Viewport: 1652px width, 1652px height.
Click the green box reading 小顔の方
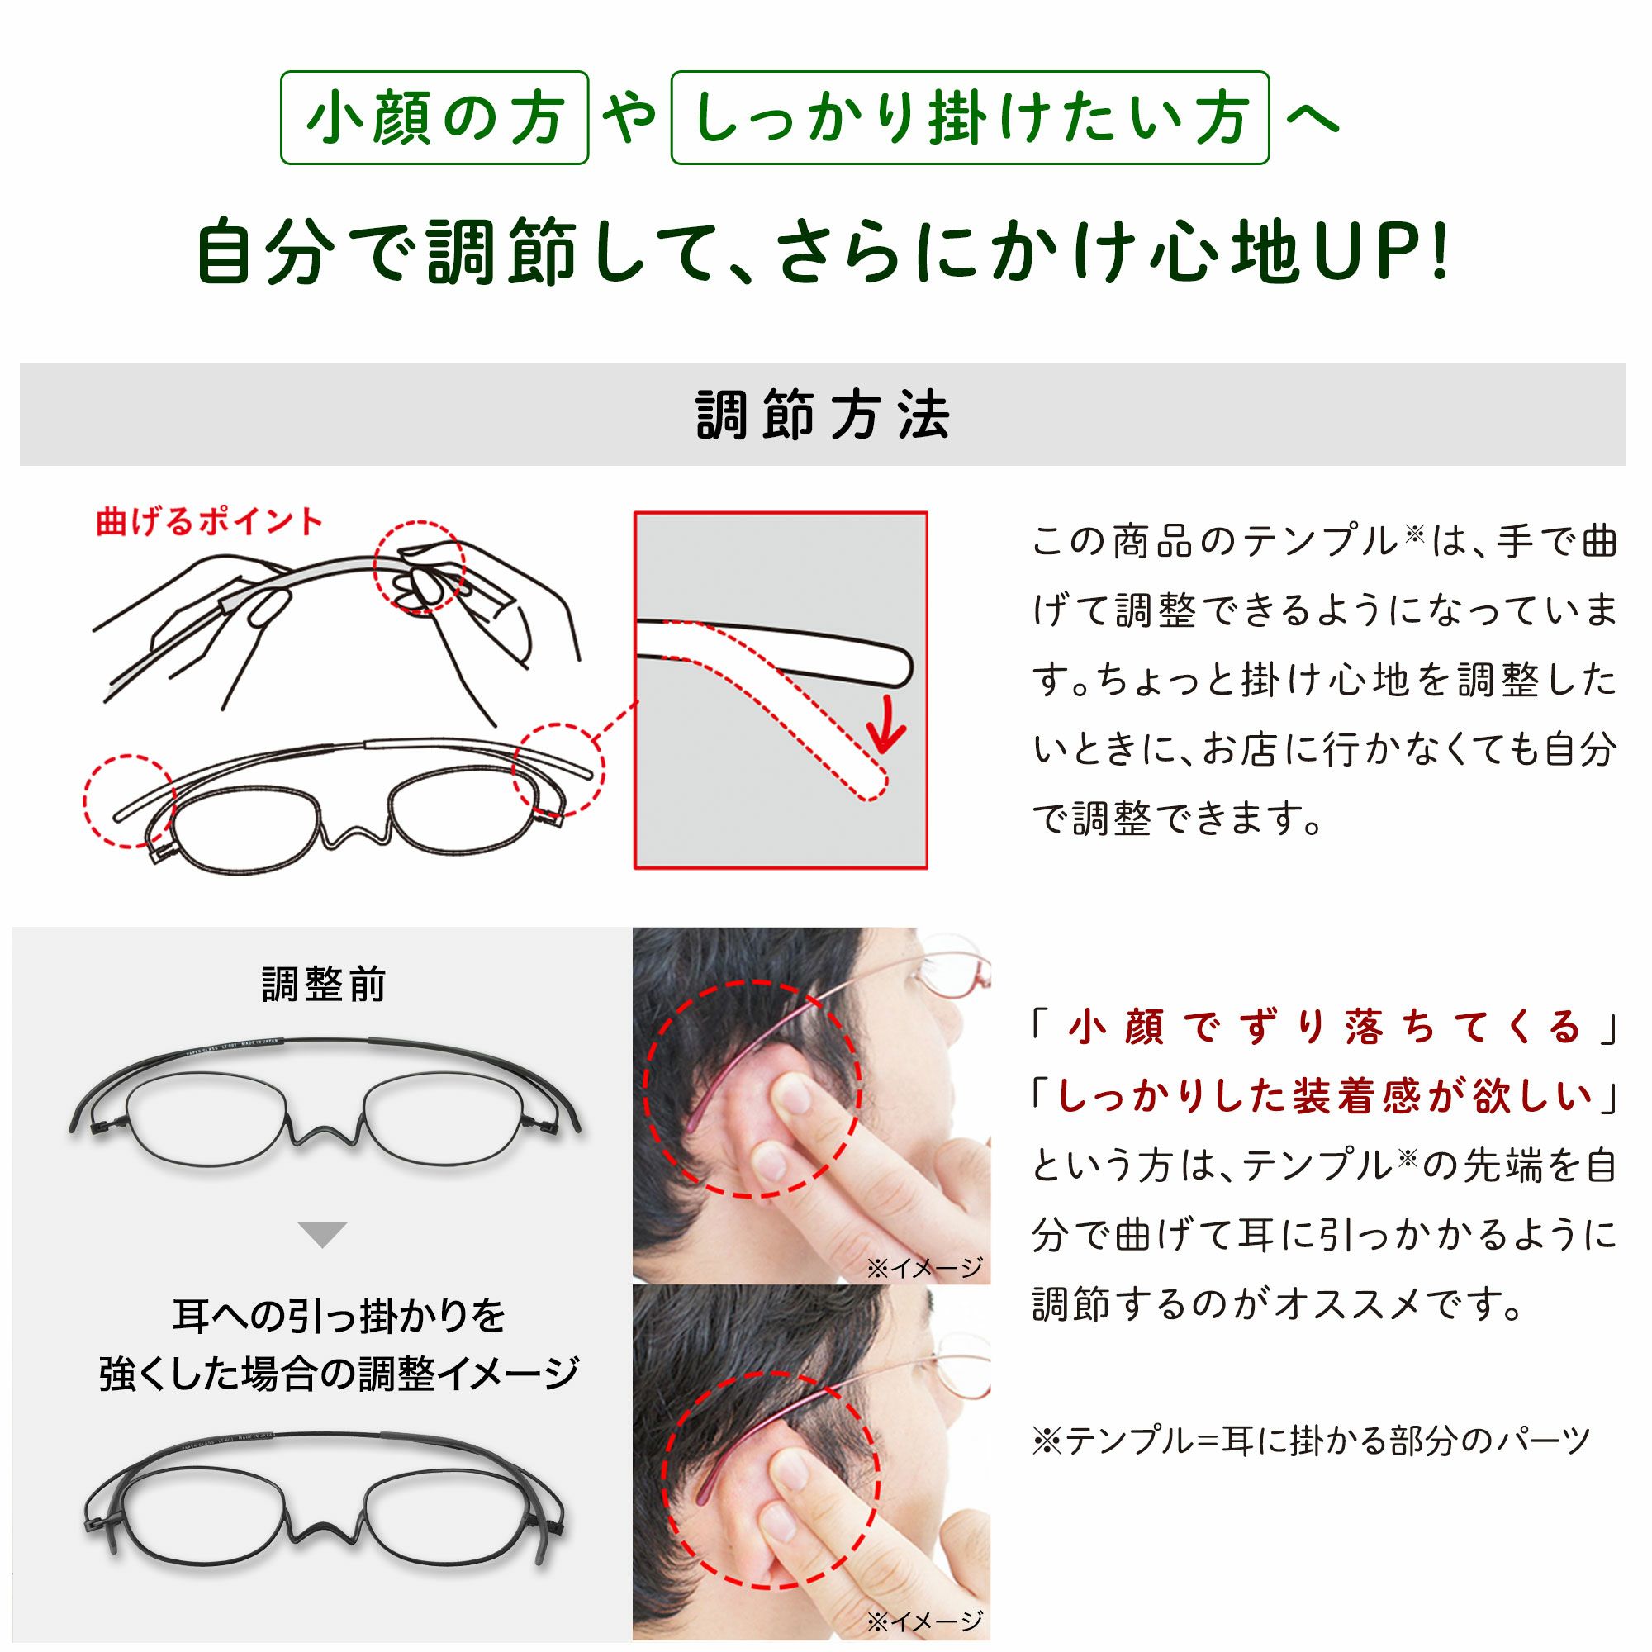(434, 118)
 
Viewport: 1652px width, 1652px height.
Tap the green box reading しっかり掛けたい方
(970, 118)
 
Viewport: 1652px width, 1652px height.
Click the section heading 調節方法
(823, 415)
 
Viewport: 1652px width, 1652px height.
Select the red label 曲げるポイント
(210, 520)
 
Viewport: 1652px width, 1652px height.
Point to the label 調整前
(323, 985)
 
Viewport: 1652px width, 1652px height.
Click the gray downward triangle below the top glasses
(322, 1235)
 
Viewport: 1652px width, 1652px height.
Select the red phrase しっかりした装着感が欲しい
(1327, 1096)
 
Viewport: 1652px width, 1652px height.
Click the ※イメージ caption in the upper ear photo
(924, 1267)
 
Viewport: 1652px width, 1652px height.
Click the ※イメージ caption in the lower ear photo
(924, 1621)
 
